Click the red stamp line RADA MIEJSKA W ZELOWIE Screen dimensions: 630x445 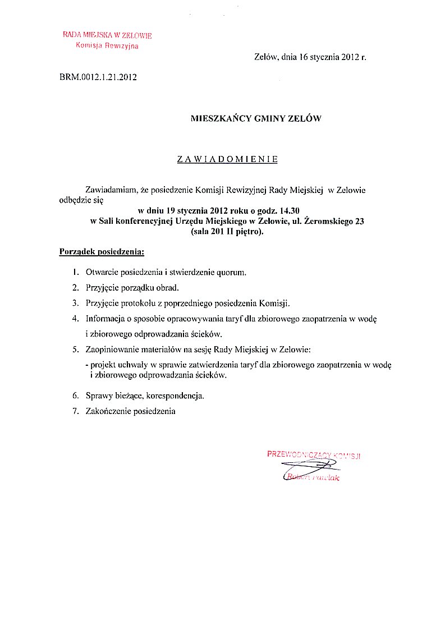tap(107, 35)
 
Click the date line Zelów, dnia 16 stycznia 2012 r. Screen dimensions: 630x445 tap(310, 57)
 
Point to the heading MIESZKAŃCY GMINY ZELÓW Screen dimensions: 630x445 tap(256, 118)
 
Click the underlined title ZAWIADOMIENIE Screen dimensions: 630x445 tap(227, 159)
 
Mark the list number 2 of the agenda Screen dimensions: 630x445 tap(75, 288)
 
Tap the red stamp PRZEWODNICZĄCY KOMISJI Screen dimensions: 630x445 tap(313, 454)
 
